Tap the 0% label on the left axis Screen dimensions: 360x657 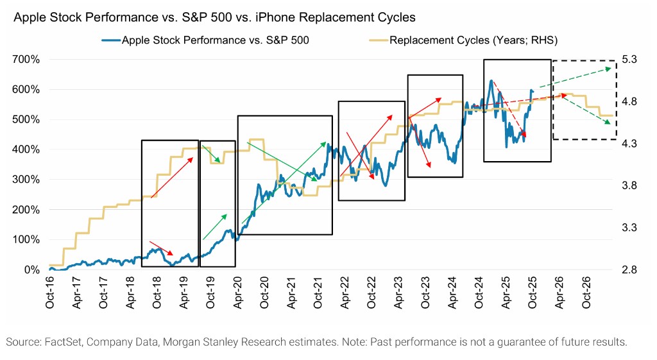pos(32,270)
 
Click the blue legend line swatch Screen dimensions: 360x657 pos(110,40)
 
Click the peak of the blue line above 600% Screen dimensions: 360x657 pos(491,81)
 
